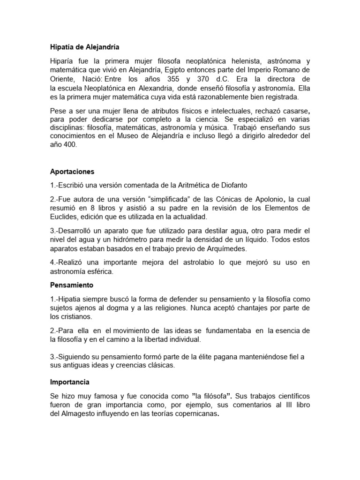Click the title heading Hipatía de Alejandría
(x=85, y=47)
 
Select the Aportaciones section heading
(x=72, y=172)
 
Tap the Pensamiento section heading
(x=72, y=285)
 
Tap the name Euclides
(x=66, y=217)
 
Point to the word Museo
(x=127, y=136)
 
